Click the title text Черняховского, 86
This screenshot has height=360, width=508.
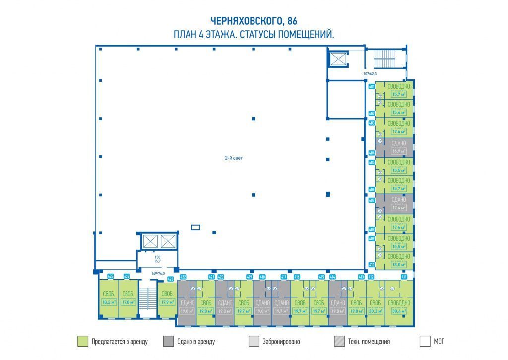click(x=254, y=21)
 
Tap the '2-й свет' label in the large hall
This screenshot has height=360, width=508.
click(x=233, y=158)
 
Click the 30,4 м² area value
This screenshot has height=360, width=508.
click(x=399, y=312)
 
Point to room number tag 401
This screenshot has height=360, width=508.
click(x=371, y=86)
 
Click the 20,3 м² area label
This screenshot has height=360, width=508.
click(x=375, y=312)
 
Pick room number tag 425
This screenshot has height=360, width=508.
click(x=111, y=276)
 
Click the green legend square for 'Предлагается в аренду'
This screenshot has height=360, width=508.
click(x=83, y=341)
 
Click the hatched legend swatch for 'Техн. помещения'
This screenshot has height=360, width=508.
click(x=339, y=341)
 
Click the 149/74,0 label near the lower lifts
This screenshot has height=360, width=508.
click(x=158, y=273)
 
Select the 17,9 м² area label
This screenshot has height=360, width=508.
click(x=167, y=301)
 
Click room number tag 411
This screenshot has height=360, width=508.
click(x=404, y=277)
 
